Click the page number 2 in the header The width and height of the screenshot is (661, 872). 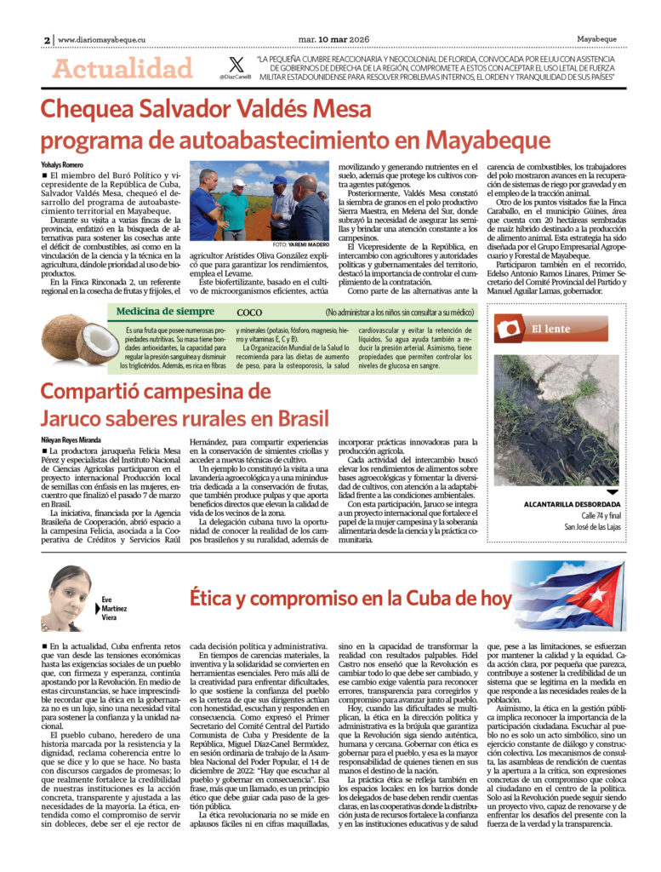[47, 39]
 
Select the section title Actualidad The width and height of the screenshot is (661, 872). [123, 68]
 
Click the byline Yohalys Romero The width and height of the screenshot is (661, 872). [62, 163]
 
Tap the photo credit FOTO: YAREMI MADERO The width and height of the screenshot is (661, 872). [302, 245]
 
